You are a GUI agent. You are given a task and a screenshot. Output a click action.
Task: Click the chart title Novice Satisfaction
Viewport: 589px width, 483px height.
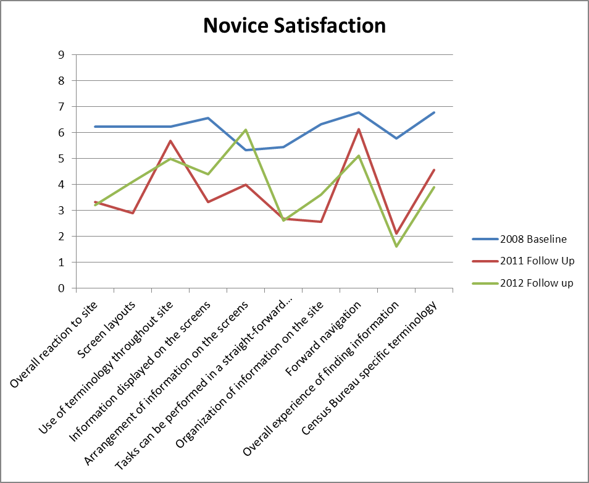(x=294, y=26)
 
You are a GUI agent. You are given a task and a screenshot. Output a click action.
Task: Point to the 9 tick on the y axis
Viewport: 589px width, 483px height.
(x=61, y=54)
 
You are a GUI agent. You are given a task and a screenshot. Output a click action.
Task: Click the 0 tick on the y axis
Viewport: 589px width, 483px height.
(x=61, y=288)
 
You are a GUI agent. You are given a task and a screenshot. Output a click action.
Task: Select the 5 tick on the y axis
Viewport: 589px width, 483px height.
(x=61, y=158)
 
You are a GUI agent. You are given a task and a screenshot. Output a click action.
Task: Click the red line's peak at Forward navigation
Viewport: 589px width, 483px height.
(x=359, y=129)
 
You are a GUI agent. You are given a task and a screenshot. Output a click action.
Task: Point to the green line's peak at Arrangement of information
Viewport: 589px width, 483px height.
(x=246, y=130)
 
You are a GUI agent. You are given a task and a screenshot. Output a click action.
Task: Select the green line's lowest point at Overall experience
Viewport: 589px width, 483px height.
(x=396, y=246)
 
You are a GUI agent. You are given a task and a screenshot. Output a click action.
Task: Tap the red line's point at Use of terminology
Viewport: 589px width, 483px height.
(x=170, y=141)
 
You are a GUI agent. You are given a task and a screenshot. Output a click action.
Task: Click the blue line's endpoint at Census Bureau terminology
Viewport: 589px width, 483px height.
(x=434, y=112)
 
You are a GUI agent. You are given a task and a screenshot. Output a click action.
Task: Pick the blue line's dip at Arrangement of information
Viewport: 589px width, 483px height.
(x=246, y=150)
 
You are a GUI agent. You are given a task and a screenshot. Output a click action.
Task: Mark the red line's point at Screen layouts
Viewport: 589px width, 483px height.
(x=132, y=213)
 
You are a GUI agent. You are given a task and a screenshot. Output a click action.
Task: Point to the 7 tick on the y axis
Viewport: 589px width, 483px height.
(x=61, y=106)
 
